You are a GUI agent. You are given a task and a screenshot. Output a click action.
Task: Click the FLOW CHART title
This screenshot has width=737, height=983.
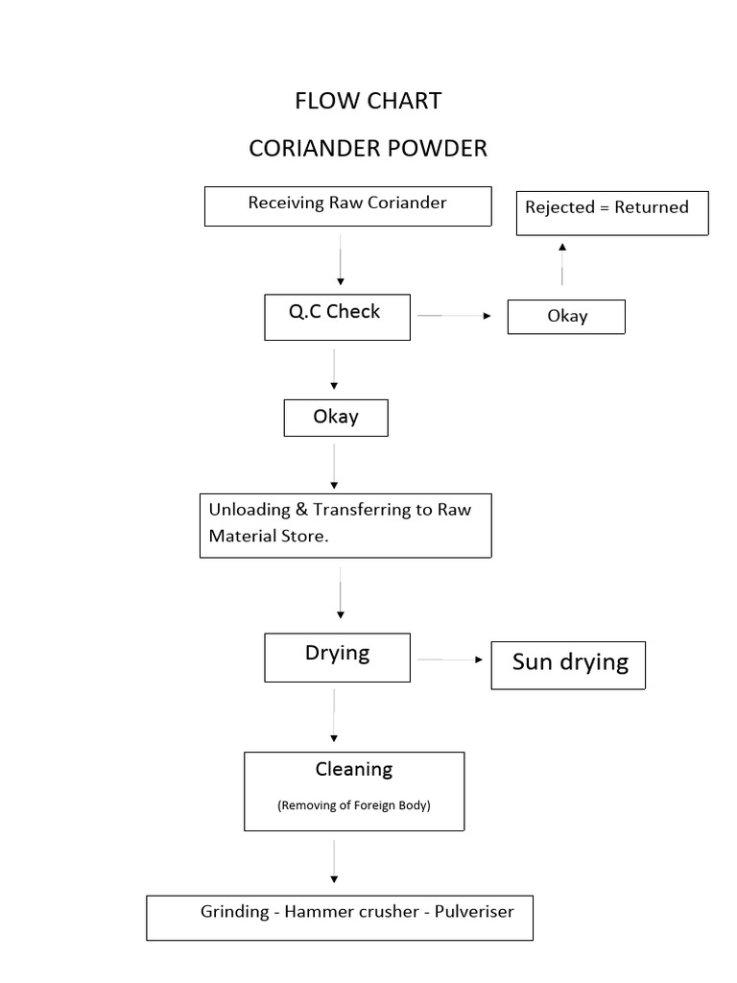coord(368,101)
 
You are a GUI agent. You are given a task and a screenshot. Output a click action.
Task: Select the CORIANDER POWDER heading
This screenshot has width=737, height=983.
coord(368,149)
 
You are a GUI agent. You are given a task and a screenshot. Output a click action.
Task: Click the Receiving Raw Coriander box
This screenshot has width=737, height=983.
coord(347,206)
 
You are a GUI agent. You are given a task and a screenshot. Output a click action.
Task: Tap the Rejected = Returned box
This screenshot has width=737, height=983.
coord(612,211)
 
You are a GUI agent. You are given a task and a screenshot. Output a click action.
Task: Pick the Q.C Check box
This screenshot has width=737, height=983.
coord(337,317)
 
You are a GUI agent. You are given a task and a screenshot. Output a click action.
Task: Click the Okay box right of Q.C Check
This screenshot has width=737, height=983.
coord(566,316)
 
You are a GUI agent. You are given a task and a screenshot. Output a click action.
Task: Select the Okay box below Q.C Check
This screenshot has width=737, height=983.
coord(336,418)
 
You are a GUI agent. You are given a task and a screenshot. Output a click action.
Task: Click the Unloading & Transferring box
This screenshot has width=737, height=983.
coord(345,525)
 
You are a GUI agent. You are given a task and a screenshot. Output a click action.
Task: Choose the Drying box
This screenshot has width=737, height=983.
coord(337,658)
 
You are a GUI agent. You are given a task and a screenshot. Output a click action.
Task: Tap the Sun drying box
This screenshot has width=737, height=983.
coord(568,664)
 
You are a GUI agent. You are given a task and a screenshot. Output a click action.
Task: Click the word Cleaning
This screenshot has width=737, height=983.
coord(354,770)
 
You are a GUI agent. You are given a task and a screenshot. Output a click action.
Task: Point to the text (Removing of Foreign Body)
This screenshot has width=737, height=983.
coord(354,805)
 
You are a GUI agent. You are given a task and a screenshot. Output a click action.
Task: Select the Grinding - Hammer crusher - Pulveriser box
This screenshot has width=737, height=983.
coord(339,918)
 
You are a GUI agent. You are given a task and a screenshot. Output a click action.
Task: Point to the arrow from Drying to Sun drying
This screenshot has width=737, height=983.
coord(449,659)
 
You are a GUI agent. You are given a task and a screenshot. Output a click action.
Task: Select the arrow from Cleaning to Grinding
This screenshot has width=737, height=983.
coord(334,861)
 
